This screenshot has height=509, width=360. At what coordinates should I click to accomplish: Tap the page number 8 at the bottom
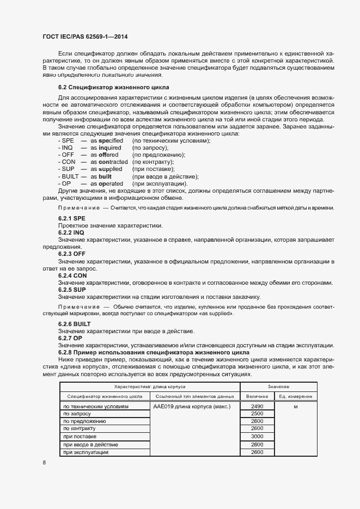pyautogui.click(x=44, y=463)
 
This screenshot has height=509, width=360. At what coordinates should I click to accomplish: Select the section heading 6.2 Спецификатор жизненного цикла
pyautogui.click(x=114, y=87)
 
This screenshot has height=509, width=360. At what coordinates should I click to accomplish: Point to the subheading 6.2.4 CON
pyautogui.click(x=72, y=275)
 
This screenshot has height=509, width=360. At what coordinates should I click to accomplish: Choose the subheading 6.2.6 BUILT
pyautogui.click(x=75, y=324)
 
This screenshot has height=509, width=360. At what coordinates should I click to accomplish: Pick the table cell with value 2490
pyautogui.click(x=258, y=407)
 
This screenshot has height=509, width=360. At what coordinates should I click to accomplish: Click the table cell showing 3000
pyautogui.click(x=258, y=437)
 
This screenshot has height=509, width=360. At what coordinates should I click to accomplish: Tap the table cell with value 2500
pyautogui.click(x=258, y=414)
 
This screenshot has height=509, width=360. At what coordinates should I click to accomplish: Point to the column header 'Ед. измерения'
pyautogui.click(x=295, y=396)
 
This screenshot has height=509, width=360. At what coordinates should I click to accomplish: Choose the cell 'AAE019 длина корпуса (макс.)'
pyautogui.click(x=192, y=407)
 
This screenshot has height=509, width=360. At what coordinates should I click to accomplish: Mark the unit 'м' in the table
pyautogui.click(x=295, y=407)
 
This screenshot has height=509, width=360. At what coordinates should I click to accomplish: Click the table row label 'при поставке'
pyautogui.click(x=80, y=437)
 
